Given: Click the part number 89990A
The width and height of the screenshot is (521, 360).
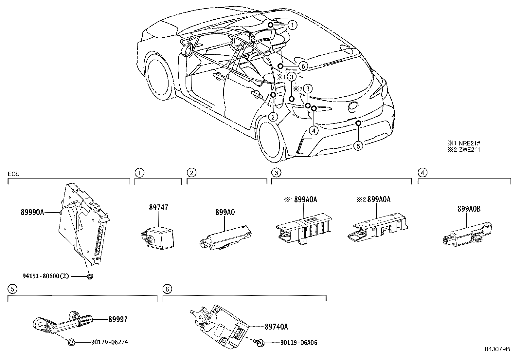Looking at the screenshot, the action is pos(32,212).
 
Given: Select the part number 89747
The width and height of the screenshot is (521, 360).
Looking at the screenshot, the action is pos(158,207).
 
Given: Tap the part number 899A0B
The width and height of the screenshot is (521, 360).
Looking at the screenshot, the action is pos(469,209).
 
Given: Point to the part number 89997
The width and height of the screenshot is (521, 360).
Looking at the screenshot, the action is pos(118,319).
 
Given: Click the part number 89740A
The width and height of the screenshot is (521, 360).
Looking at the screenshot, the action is pos(276,327).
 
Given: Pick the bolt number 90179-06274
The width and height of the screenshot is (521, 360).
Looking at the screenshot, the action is pos(110,342).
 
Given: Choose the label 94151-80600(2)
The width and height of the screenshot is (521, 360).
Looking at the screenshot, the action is pos(46,276).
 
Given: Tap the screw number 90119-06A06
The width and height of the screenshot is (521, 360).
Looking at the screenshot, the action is pos(299,343).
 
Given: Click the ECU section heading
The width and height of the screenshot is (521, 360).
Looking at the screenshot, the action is pos(14,174).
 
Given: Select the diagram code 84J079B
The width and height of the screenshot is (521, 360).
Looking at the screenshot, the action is pos(497,349).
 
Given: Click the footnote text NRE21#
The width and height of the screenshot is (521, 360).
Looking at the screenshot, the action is pos(470,143).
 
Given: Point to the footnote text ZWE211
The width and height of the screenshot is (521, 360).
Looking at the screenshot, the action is pos(470,149).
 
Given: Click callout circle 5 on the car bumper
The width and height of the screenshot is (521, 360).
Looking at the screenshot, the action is pos(358,146).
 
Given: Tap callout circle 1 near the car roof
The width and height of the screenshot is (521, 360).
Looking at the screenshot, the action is pos(292,25).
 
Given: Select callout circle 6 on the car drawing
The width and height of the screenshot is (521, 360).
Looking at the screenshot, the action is pos(303,66).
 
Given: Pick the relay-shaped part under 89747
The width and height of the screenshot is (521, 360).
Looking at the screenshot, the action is pos(157,238).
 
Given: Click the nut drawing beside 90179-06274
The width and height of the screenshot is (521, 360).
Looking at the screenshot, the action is pos(71,342).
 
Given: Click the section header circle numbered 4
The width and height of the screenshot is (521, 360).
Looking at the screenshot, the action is pos(422,173).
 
